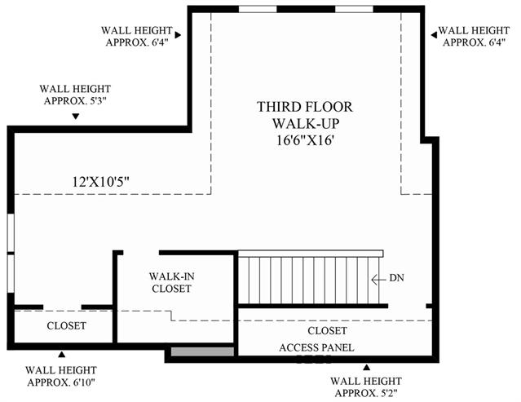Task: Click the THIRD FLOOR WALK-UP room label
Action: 305,115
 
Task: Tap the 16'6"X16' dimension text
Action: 305,140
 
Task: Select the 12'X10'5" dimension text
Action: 100,182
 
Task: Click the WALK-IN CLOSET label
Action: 171,282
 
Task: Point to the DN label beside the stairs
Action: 397,278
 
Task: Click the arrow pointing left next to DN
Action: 378,280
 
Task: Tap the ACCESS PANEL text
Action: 316,347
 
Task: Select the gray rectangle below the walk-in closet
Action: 202,351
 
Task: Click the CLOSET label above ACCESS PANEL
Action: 327,330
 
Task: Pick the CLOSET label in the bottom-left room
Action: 67,325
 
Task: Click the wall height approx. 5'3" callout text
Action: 75,95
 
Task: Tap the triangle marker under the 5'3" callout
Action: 76,117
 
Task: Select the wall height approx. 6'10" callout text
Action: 61,376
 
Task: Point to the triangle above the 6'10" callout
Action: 61,355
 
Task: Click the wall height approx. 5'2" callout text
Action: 366,387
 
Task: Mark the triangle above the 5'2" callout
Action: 367,367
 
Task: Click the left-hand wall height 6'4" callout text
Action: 137,36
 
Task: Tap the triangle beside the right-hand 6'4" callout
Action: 434,35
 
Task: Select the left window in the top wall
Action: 258,9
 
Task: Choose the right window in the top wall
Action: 354,9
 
